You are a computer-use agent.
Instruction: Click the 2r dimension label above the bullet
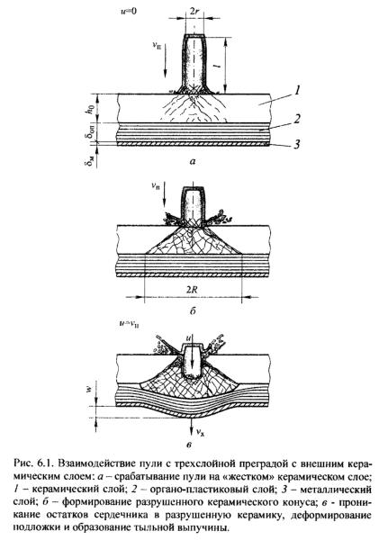coord(194,11)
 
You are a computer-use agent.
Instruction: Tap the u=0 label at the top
coord(128,11)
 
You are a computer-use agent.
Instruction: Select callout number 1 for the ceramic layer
coord(296,91)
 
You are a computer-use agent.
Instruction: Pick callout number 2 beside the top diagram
coord(296,119)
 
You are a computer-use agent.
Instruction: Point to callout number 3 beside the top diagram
coord(296,144)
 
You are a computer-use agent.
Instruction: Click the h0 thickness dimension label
coord(90,109)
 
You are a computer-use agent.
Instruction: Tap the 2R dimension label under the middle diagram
coord(193,289)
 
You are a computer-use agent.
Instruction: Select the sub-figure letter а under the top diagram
coord(193,161)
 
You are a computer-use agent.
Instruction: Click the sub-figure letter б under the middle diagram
coord(193,310)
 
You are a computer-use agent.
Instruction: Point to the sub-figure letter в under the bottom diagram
coord(188,445)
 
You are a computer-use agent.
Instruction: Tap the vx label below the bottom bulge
coord(200,432)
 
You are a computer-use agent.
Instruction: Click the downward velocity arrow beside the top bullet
coord(165,61)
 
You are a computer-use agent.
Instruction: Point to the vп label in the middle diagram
coord(156,186)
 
